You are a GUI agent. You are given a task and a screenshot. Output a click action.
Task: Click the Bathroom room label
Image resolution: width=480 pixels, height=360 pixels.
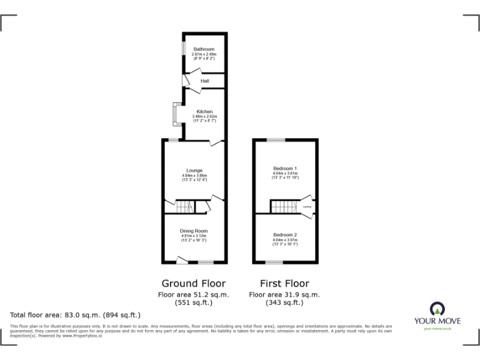204,49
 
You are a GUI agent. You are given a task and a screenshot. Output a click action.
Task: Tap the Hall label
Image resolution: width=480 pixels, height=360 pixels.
204,81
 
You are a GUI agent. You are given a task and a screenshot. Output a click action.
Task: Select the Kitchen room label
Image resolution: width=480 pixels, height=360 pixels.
204,112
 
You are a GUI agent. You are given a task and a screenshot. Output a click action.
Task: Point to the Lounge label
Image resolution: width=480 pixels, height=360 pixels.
194,171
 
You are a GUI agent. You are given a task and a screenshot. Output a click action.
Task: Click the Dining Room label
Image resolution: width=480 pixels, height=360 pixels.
194,231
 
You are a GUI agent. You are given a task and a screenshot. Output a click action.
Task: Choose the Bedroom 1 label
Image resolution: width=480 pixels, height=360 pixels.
285,169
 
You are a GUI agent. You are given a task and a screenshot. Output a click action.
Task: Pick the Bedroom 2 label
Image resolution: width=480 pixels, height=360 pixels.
285,234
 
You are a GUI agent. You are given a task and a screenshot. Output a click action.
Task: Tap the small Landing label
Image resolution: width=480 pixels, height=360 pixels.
307,206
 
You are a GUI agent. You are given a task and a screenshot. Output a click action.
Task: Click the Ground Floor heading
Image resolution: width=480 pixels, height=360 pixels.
194,283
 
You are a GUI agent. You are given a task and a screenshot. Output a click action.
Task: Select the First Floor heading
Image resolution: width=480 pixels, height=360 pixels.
284,283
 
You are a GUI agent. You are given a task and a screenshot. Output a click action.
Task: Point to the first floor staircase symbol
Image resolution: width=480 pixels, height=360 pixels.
281,206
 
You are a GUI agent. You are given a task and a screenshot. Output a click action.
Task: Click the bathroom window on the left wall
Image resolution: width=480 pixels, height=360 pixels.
183,49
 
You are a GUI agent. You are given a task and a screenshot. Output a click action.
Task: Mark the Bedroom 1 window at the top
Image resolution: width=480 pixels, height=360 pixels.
276,139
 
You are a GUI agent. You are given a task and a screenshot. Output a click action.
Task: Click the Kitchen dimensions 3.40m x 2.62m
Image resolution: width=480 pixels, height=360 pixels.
204,117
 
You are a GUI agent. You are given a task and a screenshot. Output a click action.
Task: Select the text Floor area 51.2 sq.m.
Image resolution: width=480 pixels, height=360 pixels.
194,294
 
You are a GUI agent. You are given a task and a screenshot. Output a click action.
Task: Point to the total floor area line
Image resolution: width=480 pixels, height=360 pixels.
76,315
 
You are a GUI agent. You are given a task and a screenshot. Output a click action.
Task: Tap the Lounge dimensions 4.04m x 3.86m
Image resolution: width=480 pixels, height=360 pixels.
194,176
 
